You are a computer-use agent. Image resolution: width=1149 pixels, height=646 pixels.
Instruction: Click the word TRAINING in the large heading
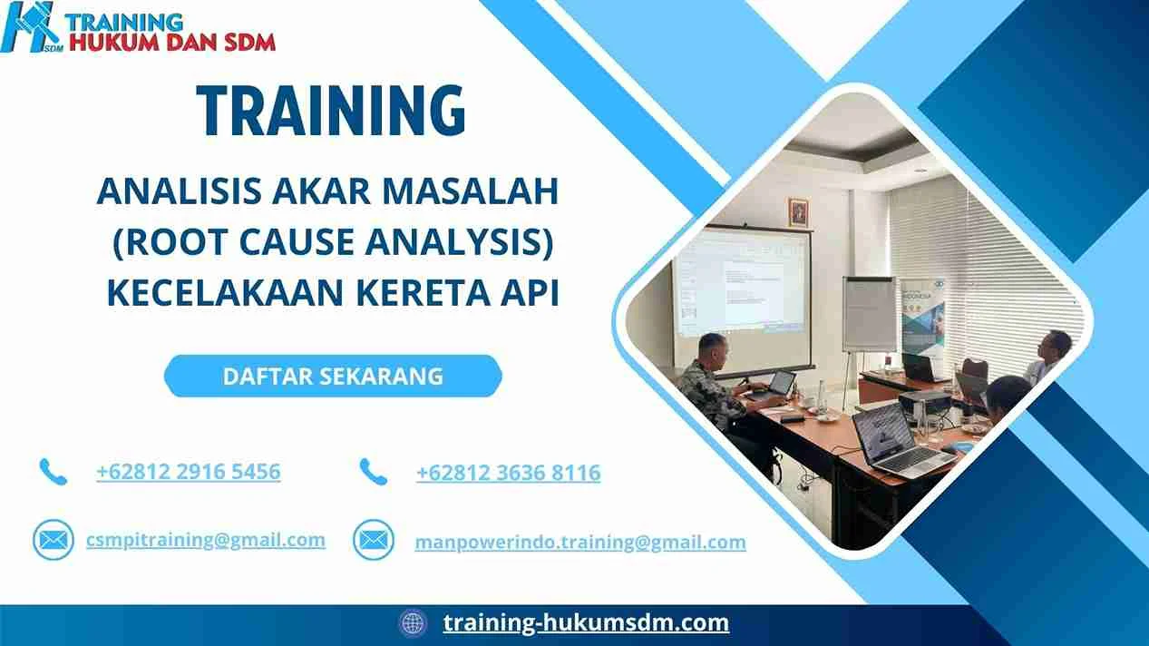332,111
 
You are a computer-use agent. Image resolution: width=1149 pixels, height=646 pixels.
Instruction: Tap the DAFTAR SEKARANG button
333,376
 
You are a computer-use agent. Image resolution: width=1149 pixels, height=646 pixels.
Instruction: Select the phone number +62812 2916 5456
188,472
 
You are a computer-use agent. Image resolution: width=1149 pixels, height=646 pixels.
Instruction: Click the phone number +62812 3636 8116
508,473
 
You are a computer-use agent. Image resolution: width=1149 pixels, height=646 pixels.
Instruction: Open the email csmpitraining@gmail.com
206,540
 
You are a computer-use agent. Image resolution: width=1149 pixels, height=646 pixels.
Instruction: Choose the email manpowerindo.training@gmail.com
580,542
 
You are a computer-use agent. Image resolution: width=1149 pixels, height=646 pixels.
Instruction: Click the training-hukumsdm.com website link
586,622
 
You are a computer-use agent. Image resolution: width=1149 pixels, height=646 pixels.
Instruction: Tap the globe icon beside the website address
413,623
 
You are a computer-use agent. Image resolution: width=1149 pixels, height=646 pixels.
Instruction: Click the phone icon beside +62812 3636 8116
373,471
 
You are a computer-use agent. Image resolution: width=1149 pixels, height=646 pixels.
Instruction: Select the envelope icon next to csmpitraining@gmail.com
54,541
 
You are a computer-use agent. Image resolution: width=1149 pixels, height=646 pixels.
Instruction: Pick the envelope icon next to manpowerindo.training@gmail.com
373,541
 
